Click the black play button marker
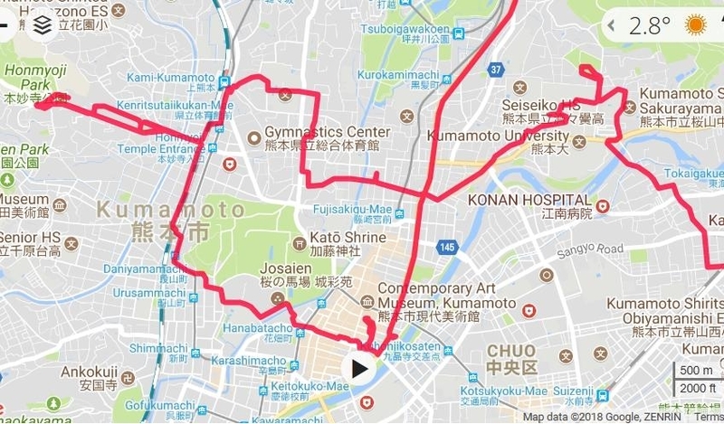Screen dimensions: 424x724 click(x=360, y=368)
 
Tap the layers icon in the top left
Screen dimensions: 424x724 click(x=42, y=25)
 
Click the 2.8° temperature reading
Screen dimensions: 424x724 click(x=651, y=24)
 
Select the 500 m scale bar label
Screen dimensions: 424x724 click(x=694, y=370)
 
